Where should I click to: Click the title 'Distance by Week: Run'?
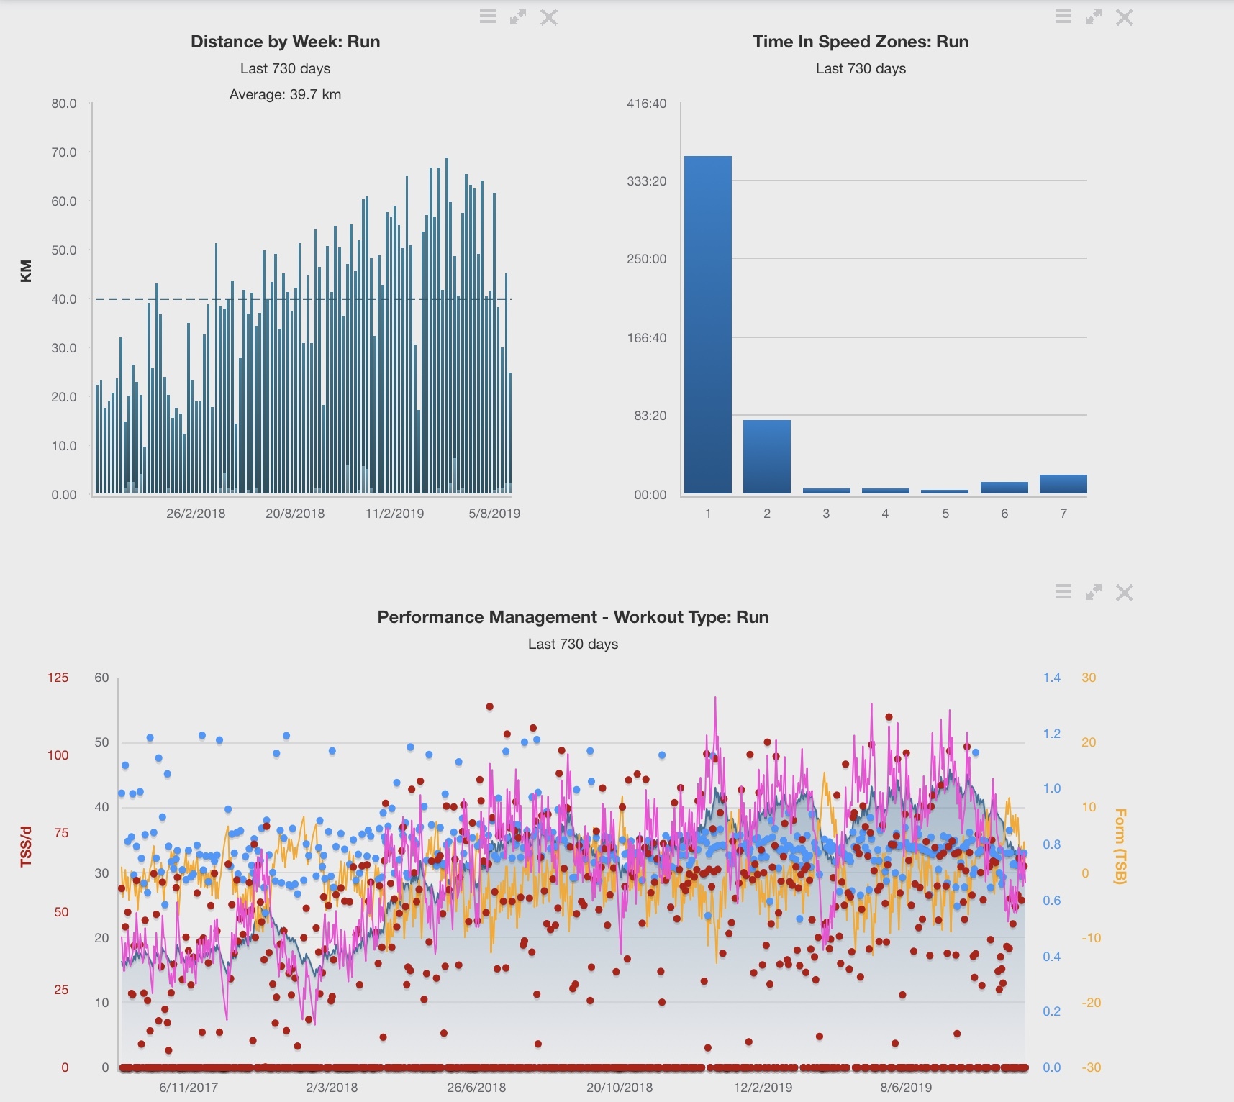(285, 42)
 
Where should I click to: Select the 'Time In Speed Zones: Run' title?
(861, 42)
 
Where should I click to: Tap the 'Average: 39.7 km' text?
(285, 94)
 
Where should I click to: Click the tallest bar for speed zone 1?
(707, 324)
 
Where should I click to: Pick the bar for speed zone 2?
(766, 456)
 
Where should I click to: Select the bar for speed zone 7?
(1063, 484)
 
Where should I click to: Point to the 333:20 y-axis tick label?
(646, 181)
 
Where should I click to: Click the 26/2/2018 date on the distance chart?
(196, 514)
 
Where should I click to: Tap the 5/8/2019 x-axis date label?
(494, 514)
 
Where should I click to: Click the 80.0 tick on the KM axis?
(64, 104)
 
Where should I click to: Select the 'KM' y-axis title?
(27, 270)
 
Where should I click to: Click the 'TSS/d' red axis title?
(27, 847)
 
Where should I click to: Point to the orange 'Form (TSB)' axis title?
(1120, 846)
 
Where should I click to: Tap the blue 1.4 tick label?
(1051, 678)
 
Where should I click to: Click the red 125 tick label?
(58, 678)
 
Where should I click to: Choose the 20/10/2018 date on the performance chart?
(620, 1088)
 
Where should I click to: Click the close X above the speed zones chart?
(1125, 17)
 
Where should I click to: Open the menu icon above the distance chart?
(488, 17)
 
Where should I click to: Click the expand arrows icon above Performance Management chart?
(1094, 593)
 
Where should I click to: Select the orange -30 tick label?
(1091, 1067)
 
